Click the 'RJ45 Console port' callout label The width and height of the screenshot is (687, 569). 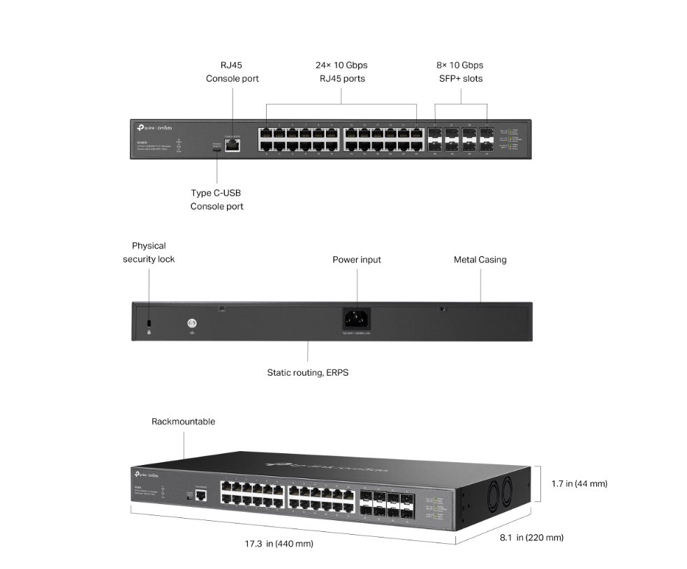click(232, 72)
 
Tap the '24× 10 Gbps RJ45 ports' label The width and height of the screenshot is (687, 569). click(341, 72)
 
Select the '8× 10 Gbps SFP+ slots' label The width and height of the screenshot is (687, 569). click(460, 72)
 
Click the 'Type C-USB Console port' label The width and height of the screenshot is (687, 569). click(216, 200)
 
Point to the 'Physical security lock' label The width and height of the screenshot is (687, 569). click(149, 252)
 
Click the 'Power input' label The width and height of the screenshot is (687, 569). click(357, 260)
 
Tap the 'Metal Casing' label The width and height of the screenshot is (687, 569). click(480, 260)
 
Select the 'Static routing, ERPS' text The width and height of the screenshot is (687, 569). click(307, 373)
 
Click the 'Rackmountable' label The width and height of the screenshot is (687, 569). click(184, 422)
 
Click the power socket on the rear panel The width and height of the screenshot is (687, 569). click(357, 318)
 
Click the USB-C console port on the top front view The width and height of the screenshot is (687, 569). click(216, 147)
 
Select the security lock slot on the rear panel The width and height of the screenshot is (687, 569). click(149, 322)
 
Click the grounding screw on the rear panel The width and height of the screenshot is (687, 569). click(192, 323)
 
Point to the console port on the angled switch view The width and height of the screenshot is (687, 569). click(201, 495)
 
